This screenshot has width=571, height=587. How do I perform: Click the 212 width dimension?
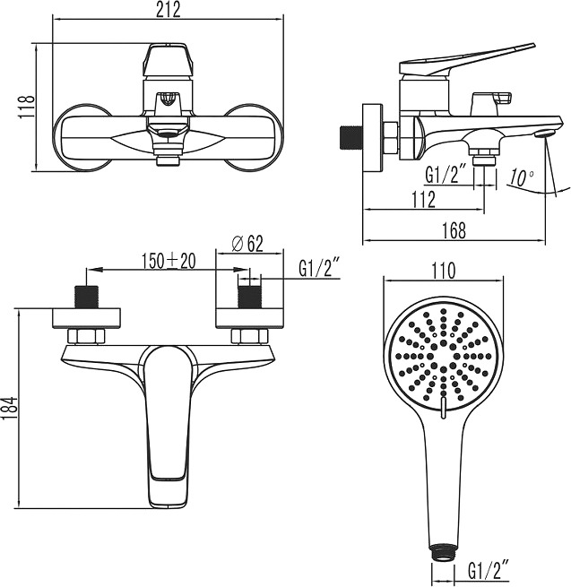[x=169, y=10]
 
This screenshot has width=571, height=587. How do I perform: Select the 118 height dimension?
[x=27, y=107]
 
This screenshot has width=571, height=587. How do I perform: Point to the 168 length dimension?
[x=454, y=230]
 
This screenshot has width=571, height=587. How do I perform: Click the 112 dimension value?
[x=424, y=200]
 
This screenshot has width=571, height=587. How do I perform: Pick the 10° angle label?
[x=521, y=177]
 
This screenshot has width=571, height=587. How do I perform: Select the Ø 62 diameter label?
[x=247, y=244]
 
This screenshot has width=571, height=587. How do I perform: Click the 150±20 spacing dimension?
[x=169, y=261]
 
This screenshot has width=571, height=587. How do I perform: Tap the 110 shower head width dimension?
[x=444, y=271]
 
